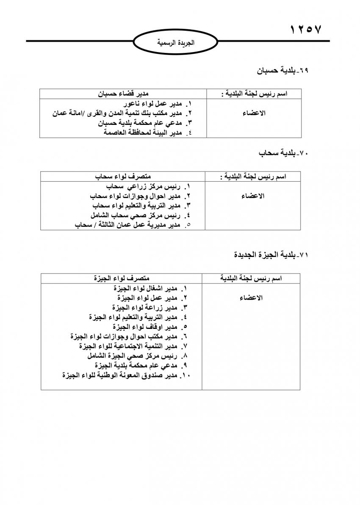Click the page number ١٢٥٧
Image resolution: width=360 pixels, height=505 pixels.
(306, 30)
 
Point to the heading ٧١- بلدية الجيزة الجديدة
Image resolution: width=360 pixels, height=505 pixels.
(271, 255)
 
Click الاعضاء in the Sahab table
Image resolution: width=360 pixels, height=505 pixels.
(253, 196)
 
